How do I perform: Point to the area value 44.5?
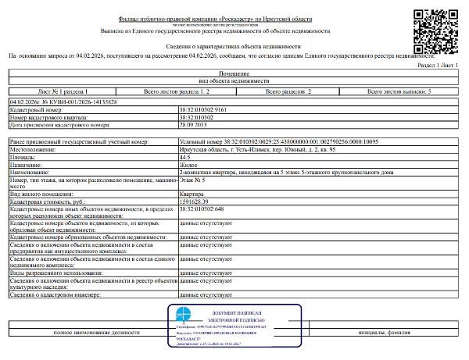click(x=184, y=157)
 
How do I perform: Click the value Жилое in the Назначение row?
click(x=188, y=165)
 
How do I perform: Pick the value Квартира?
click(x=192, y=193)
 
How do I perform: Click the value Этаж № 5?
click(x=192, y=180)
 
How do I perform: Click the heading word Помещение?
click(x=234, y=74)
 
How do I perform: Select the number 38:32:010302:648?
click(x=205, y=209)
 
